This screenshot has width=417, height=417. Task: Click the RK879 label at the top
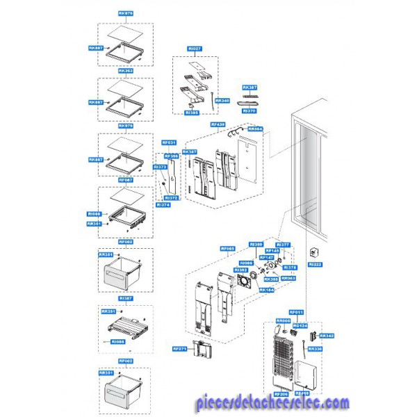(x=125, y=13)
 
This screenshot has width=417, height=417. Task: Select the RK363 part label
(x=125, y=71)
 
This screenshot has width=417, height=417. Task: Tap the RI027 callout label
(x=195, y=49)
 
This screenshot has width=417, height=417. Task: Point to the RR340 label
(x=222, y=100)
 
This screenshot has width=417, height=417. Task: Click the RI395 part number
(x=192, y=112)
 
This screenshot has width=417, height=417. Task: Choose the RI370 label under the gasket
(x=250, y=111)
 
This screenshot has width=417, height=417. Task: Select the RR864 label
(x=256, y=129)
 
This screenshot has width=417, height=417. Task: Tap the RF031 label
(x=170, y=142)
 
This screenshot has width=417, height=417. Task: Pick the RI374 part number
(x=163, y=205)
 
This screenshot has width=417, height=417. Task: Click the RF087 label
(x=125, y=180)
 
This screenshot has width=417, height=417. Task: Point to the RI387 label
(x=125, y=298)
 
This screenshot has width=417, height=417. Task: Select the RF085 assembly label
(x=228, y=248)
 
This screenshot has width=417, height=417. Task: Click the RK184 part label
(x=266, y=290)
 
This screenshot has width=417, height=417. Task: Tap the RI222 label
(x=315, y=264)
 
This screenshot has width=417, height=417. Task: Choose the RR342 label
(x=327, y=336)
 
